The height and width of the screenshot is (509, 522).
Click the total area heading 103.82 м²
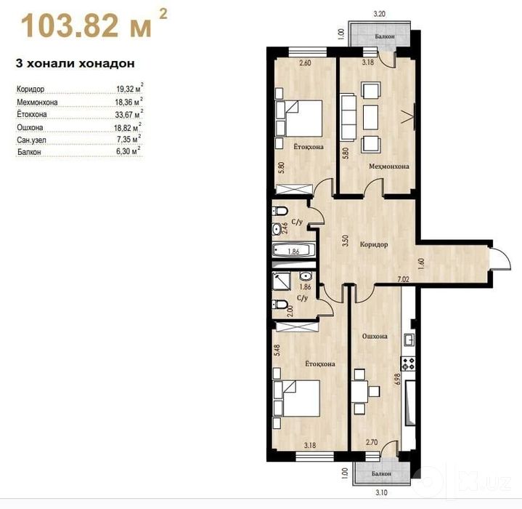(94, 24)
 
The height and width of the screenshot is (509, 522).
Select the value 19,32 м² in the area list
(130, 88)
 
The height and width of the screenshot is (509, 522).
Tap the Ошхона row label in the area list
(30, 127)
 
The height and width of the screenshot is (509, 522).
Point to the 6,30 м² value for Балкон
(129, 151)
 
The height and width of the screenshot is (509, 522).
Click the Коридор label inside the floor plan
(374, 244)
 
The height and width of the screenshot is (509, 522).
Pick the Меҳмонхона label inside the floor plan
(389, 166)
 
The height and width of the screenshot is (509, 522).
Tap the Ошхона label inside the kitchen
(375, 337)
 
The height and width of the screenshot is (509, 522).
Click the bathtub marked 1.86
(293, 250)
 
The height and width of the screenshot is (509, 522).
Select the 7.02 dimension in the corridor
(404, 279)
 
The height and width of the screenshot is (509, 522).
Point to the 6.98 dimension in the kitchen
(397, 379)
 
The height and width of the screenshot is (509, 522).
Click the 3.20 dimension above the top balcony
(380, 14)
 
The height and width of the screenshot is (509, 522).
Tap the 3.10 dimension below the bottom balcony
(381, 492)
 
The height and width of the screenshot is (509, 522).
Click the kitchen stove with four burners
(408, 364)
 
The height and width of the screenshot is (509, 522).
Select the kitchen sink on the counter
(409, 340)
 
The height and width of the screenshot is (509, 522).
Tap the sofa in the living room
(348, 117)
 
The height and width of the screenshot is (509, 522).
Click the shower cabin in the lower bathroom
(282, 281)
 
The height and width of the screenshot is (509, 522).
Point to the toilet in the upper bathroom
(280, 211)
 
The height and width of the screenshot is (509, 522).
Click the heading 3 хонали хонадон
(76, 63)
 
